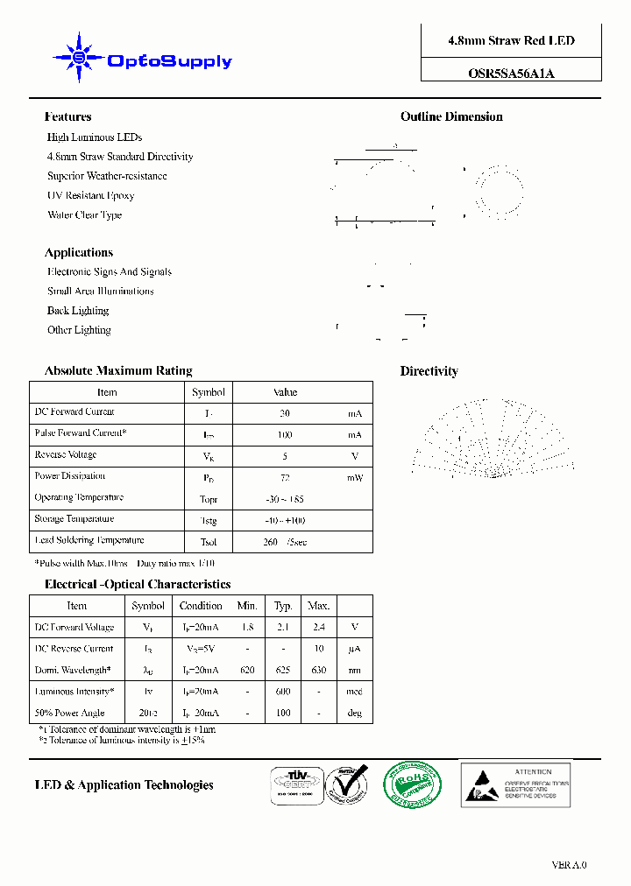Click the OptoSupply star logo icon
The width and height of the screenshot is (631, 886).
point(79,59)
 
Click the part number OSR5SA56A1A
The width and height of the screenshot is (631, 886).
point(511,74)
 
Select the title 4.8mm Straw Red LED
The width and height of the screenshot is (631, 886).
point(511,41)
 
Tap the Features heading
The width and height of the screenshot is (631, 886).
point(67,117)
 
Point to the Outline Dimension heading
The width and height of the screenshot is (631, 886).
point(451,117)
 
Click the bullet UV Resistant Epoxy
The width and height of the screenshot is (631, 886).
point(90,196)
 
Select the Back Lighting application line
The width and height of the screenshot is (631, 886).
point(78,311)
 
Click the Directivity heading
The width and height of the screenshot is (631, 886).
point(429,371)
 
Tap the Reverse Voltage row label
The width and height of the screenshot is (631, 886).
point(66,455)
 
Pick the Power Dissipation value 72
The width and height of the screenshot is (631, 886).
point(285,478)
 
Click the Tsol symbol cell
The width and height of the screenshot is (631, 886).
point(209,542)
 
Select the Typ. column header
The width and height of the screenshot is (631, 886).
point(283,606)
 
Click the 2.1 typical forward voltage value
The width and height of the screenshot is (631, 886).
point(283,628)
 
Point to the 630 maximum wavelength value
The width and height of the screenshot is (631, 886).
point(318,671)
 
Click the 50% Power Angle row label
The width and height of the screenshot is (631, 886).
point(70,714)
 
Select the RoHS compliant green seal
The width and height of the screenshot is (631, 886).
point(412,784)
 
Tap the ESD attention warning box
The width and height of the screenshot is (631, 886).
point(515,784)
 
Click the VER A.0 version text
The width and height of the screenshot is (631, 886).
point(569,865)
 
